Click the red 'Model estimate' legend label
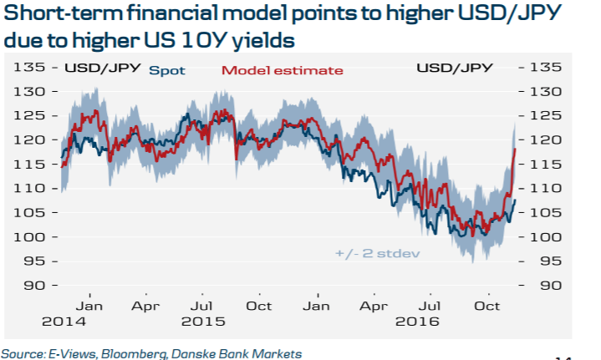(283, 70)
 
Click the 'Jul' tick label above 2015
(200, 306)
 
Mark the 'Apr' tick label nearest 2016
(370, 306)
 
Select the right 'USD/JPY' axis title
(454, 68)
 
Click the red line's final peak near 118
(515, 149)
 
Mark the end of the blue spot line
(516, 200)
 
